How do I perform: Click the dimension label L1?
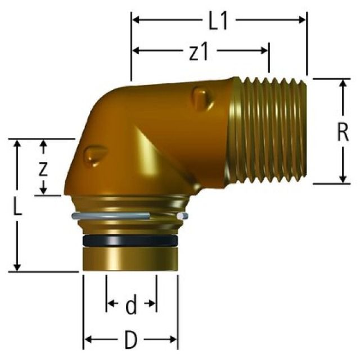(x=219, y=21)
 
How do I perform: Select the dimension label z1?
(x=199, y=51)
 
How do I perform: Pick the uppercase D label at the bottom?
(x=131, y=340)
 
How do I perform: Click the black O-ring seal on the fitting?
(x=130, y=241)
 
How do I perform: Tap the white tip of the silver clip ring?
(x=179, y=216)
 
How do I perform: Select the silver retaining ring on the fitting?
(x=112, y=215)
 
